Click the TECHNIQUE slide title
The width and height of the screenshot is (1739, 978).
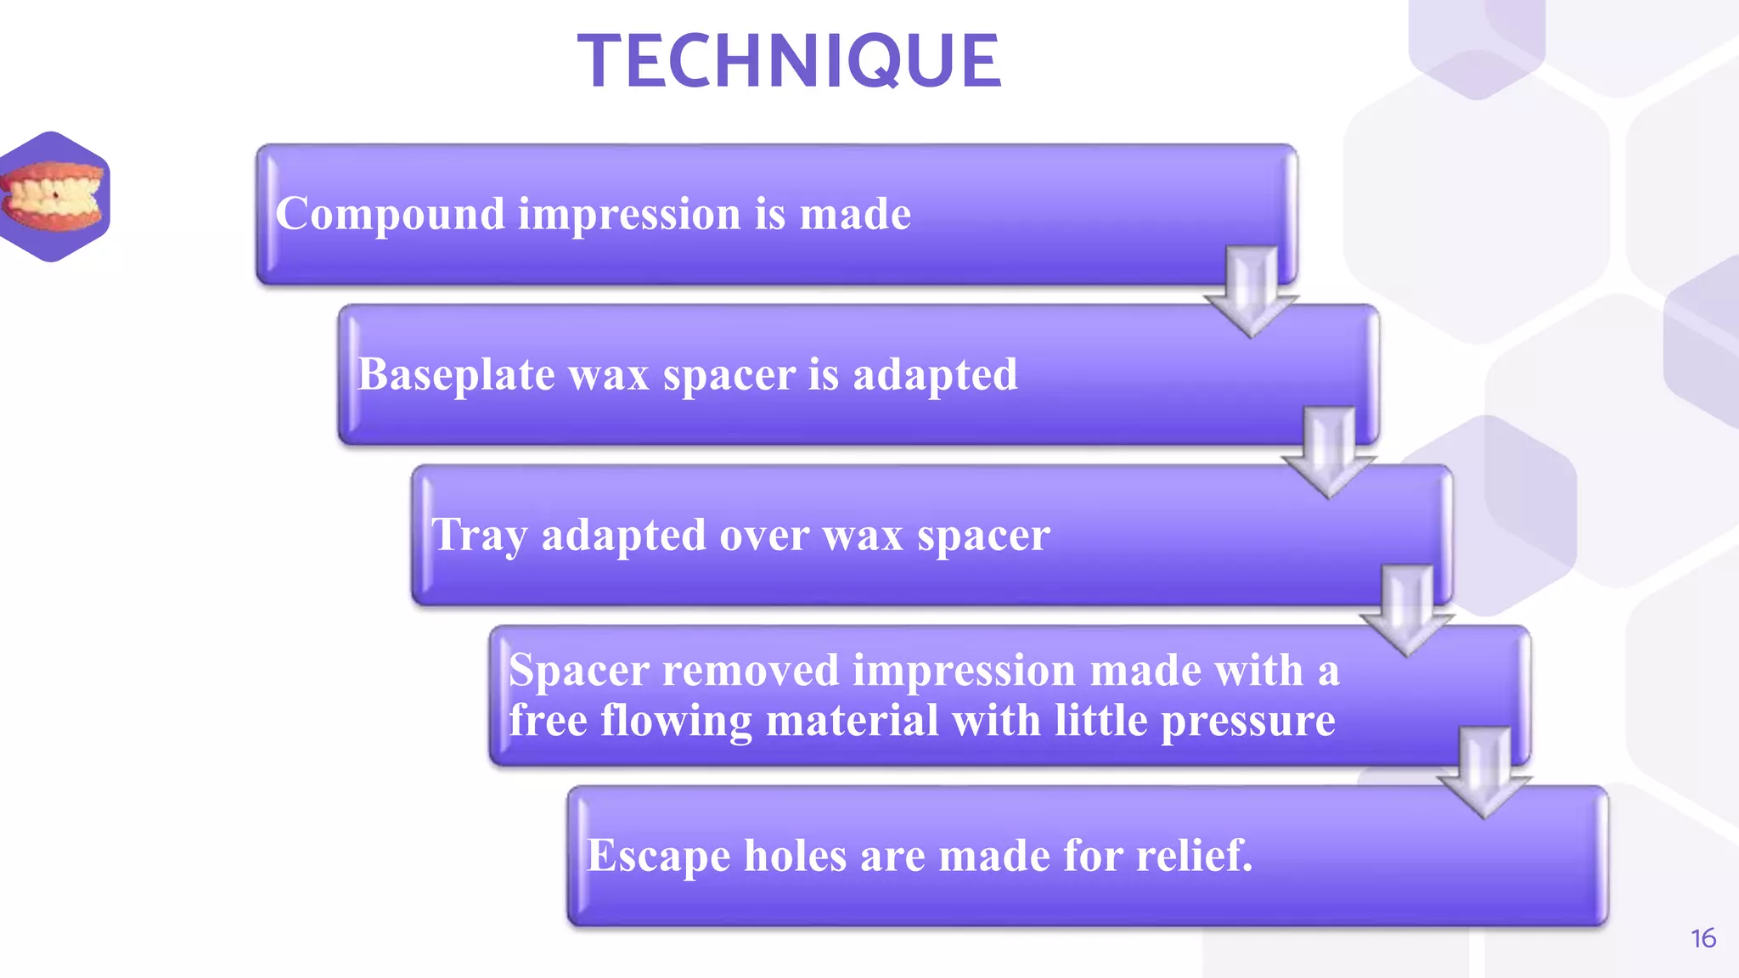coord(790,61)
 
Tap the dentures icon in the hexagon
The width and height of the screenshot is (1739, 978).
coord(53,197)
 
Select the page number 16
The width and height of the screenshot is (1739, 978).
coord(1702,938)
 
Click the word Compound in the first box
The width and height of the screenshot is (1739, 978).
coord(390,214)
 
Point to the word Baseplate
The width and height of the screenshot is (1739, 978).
coord(456,374)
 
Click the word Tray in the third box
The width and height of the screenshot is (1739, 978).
coord(479,536)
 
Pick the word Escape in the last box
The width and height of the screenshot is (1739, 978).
coord(658,856)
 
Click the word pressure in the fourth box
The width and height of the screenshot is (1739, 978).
coord(1247,722)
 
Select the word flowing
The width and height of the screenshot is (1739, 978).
coord(676,722)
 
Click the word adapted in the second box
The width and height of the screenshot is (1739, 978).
coord(934,374)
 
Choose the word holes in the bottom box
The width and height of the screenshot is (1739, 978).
coord(796,855)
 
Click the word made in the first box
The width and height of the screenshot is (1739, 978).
coord(855,214)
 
